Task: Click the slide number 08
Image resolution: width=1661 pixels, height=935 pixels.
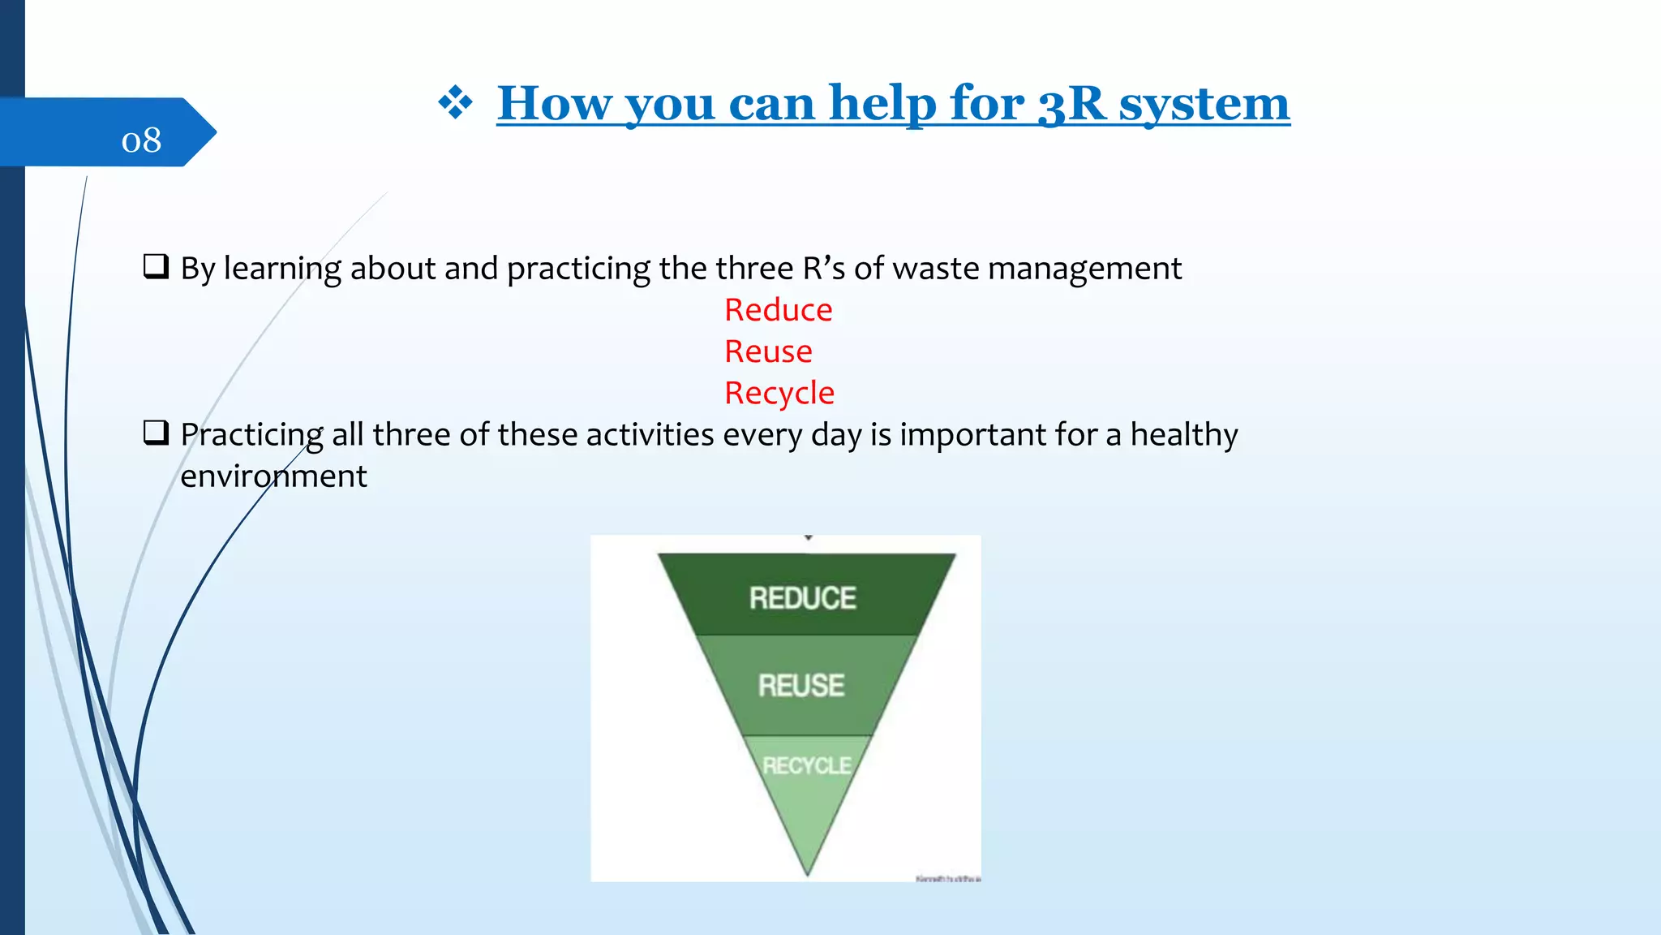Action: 141,140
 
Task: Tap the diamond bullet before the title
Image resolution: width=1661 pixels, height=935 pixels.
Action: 455,103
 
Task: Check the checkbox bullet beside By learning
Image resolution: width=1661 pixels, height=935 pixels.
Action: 156,266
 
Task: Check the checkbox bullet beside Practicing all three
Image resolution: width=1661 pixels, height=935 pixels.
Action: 156,433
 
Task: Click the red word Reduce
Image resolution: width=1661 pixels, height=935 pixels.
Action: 778,310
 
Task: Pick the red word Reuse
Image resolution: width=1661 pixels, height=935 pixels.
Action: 768,351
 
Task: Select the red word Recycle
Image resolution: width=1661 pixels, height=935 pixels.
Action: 779,393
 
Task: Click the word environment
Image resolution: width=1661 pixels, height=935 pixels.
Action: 273,476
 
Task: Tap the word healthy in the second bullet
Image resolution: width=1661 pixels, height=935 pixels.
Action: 1183,435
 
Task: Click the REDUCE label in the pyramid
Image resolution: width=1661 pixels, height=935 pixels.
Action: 802,598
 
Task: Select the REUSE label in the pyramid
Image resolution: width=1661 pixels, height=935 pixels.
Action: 801,686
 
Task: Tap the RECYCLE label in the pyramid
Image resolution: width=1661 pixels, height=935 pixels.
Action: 806,765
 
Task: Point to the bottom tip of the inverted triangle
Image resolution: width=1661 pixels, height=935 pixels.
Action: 808,872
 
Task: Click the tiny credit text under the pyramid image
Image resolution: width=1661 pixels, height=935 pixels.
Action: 947,878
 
